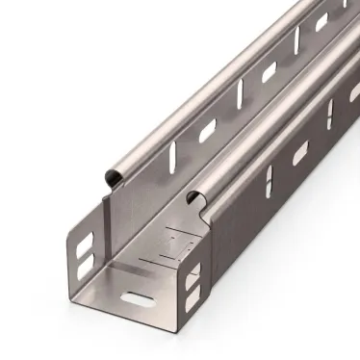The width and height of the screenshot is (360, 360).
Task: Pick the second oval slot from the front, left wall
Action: [x=269, y=70]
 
